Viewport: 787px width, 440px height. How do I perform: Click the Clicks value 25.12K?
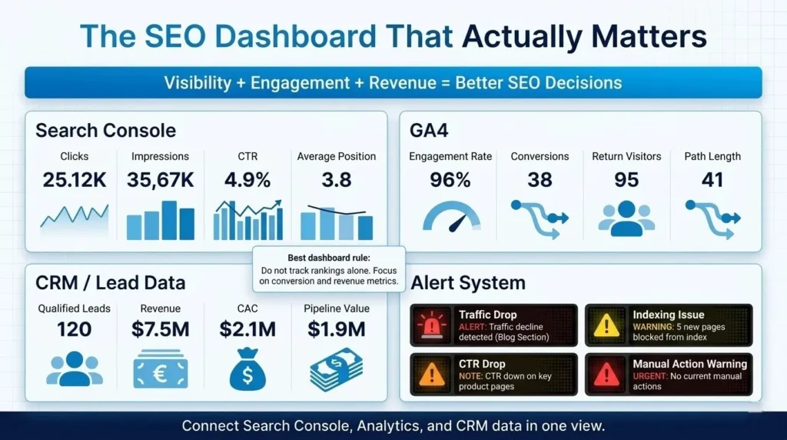74,181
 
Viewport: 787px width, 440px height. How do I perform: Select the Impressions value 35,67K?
161,181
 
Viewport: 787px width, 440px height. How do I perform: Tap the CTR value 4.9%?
247,181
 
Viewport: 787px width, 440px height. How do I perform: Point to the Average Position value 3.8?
337,181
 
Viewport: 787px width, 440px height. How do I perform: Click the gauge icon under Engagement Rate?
450,218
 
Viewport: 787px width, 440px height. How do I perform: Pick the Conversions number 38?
540,181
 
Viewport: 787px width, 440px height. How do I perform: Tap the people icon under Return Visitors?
626,218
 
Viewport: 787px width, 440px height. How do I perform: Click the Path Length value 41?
713,181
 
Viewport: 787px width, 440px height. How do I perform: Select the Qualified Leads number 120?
75,330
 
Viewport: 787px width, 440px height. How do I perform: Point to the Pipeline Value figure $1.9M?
335,330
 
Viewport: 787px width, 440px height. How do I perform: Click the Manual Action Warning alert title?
689,364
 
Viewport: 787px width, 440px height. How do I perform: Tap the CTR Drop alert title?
482,364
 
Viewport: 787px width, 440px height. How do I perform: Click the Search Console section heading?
105,130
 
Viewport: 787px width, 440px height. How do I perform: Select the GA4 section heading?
432,130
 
